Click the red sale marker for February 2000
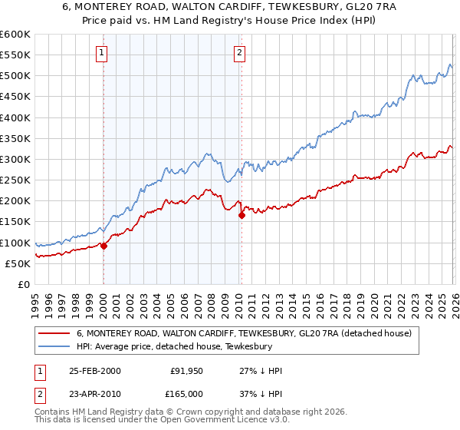point(103,246)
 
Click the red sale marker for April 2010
point(242,216)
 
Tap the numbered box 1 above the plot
point(102,53)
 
